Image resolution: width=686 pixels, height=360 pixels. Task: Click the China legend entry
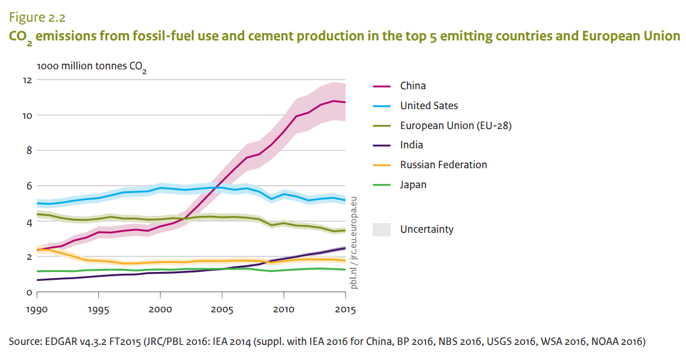(413, 86)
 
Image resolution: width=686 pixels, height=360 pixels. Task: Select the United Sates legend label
(429, 106)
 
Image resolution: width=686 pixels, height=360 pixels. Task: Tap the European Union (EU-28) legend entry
(456, 125)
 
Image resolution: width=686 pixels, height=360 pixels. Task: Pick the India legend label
(412, 145)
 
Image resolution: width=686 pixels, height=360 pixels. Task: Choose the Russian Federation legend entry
(443, 165)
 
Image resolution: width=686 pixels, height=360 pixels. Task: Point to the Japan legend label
(413, 185)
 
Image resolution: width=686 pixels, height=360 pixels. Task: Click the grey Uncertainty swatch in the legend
(382, 229)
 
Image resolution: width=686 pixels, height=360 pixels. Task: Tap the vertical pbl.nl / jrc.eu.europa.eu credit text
(354, 242)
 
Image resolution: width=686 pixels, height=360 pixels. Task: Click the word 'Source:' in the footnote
(25, 342)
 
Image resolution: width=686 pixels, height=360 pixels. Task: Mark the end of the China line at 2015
(345, 103)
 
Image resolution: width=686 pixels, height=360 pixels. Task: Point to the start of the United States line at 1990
(37, 203)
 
